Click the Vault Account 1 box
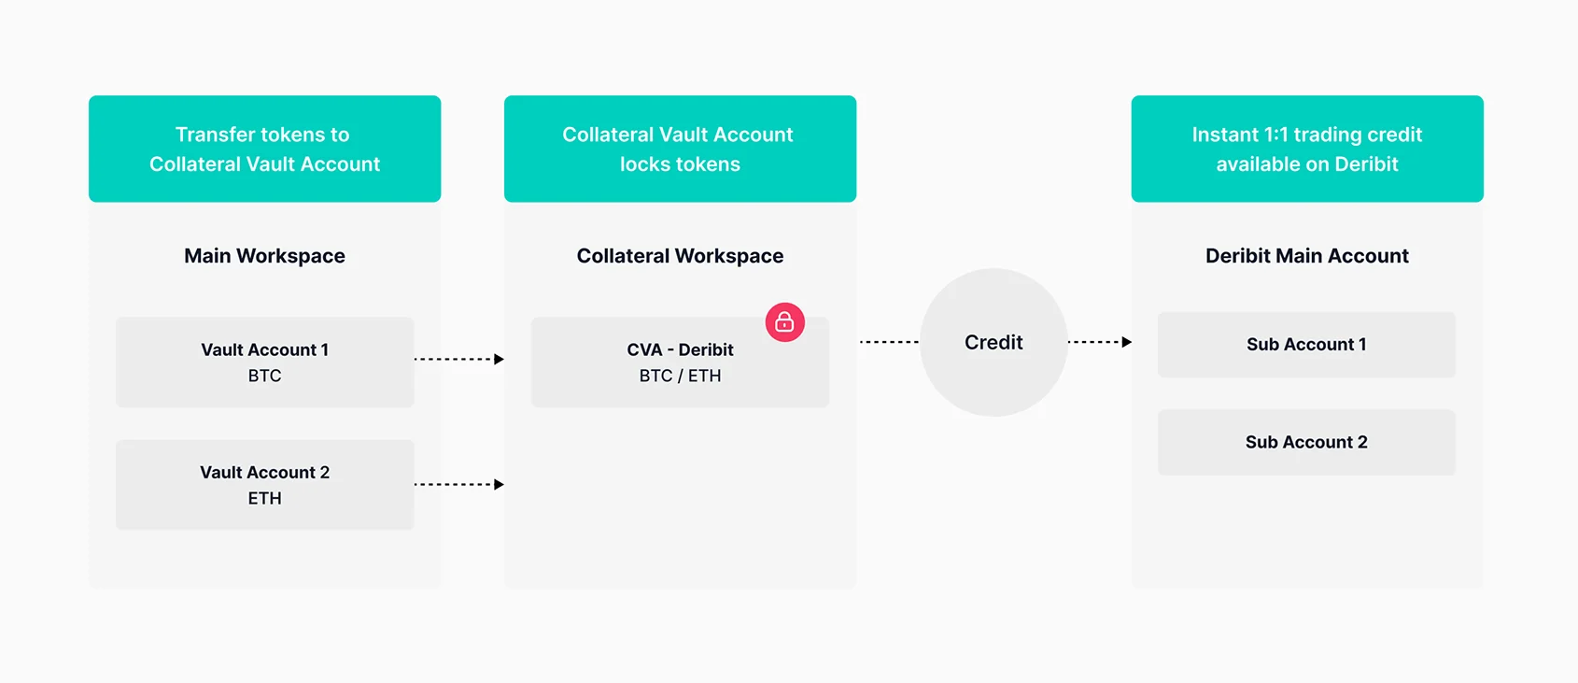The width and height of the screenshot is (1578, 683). pyautogui.click(x=265, y=362)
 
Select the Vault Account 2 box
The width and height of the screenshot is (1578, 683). pyautogui.click(x=265, y=484)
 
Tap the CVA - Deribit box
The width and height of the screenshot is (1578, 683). pyautogui.click(x=680, y=362)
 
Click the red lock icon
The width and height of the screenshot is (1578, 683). pyautogui.click(x=784, y=322)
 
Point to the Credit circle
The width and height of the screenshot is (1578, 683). pyautogui.click(x=993, y=342)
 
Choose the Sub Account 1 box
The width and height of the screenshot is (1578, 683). pyautogui.click(x=1307, y=344)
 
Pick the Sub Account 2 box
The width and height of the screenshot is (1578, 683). pyautogui.click(x=1307, y=442)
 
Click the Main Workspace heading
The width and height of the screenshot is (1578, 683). pyautogui.click(x=265, y=256)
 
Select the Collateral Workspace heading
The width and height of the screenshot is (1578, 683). pyautogui.click(x=680, y=256)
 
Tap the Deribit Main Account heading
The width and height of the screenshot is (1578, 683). pyautogui.click(x=1307, y=256)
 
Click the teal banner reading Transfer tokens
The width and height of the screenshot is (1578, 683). pyautogui.click(x=265, y=149)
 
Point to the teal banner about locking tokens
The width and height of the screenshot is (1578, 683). pyautogui.click(x=680, y=149)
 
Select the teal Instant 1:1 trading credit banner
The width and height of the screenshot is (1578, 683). pyautogui.click(x=1307, y=149)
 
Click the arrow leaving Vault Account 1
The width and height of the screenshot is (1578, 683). pyautogui.click(x=459, y=360)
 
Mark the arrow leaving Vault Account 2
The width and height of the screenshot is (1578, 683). pyautogui.click(x=459, y=484)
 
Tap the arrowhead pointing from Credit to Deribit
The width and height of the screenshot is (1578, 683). pyautogui.click(x=1127, y=342)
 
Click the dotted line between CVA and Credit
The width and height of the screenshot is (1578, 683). pyautogui.click(x=889, y=342)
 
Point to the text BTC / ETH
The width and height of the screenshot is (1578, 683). pyautogui.click(x=680, y=376)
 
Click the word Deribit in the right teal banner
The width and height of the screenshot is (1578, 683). pyautogui.click(x=1366, y=164)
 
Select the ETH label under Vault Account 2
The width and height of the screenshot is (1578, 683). pyautogui.click(x=265, y=498)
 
